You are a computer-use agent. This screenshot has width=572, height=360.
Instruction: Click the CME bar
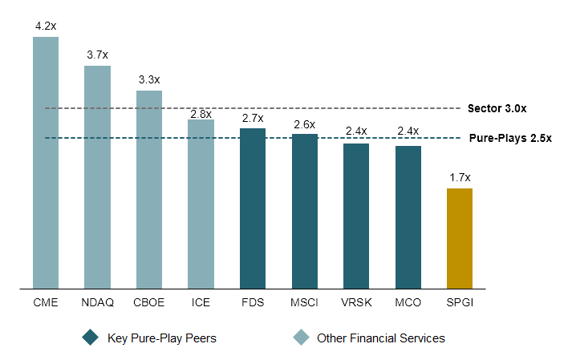point(46,161)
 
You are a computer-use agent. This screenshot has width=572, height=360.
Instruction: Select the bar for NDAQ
point(97,176)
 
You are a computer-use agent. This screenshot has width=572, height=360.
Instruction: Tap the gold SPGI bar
point(460,237)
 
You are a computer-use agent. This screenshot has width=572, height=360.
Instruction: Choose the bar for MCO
point(408,216)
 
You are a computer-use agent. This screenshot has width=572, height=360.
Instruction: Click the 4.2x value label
point(46,26)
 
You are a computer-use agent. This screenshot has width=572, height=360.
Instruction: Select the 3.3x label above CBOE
point(149,79)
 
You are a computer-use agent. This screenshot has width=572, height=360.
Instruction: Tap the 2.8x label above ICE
point(201,114)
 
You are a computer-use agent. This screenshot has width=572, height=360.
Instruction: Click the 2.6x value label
point(304,124)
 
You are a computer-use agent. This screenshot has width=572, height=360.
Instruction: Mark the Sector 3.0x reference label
point(497,108)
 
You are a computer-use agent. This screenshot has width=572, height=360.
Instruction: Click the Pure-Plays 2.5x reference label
point(510,138)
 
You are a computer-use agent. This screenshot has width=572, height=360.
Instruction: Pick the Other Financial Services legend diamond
point(300,338)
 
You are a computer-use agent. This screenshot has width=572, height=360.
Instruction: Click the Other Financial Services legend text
point(380,338)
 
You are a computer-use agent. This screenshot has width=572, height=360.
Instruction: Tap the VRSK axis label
point(356,304)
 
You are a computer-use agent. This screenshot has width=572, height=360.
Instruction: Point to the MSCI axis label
point(304,304)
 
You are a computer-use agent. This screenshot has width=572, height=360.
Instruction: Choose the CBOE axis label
point(149,304)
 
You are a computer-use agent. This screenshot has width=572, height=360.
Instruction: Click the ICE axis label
point(201,304)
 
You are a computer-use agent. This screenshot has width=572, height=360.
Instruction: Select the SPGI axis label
point(460,304)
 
